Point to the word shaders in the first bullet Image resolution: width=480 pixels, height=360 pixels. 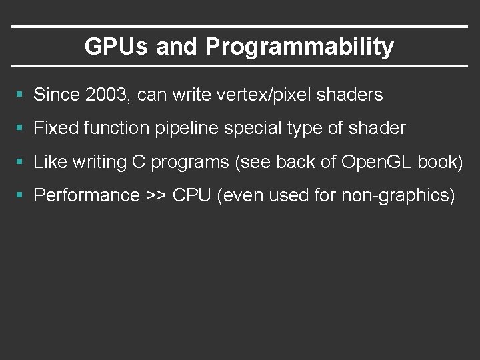pos(351,95)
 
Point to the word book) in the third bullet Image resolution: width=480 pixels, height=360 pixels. pos(440,162)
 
